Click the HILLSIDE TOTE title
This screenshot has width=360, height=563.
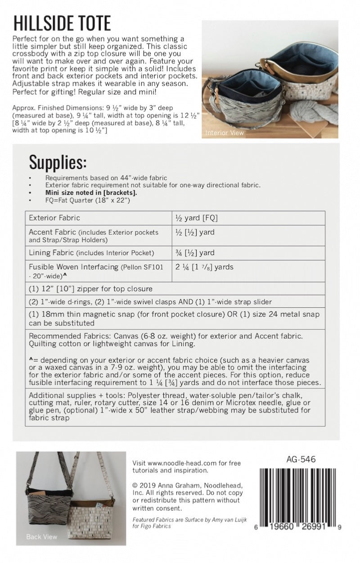click(63, 23)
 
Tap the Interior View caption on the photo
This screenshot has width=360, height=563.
click(225, 133)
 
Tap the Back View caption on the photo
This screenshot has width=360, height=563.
click(42, 536)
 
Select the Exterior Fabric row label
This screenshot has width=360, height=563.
click(54, 218)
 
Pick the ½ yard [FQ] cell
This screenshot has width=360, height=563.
click(197, 218)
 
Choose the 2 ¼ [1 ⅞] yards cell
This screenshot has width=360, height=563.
click(205, 267)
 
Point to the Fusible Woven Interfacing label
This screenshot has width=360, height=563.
click(73, 267)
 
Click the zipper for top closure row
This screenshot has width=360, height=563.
click(90, 288)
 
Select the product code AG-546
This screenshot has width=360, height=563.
click(301, 460)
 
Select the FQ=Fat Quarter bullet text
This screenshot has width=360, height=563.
click(88, 200)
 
